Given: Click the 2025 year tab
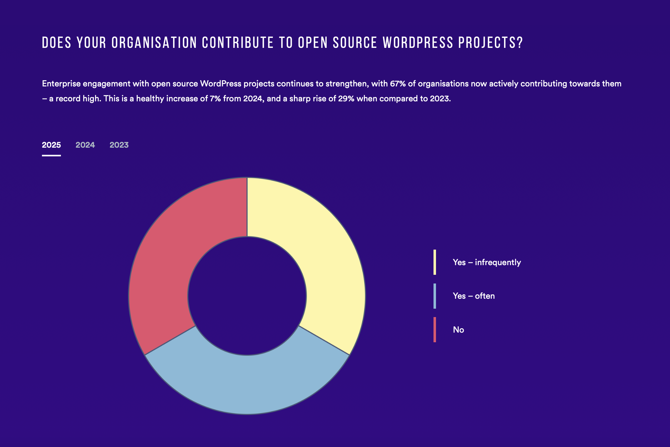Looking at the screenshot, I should pyautogui.click(x=51, y=145).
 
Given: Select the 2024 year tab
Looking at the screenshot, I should pyautogui.click(x=85, y=145).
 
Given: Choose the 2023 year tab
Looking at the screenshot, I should pyautogui.click(x=119, y=145).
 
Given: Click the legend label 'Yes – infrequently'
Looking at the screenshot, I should pyautogui.click(x=487, y=262).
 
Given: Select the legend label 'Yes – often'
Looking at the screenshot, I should pyautogui.click(x=474, y=296).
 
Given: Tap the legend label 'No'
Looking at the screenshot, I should pyautogui.click(x=458, y=330).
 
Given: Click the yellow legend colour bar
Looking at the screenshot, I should pyautogui.click(x=435, y=262).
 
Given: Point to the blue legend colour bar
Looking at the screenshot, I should pyautogui.click(x=435, y=296).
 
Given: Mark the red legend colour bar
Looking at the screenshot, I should pyautogui.click(x=435, y=330).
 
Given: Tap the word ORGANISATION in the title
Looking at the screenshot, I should pyautogui.click(x=154, y=43).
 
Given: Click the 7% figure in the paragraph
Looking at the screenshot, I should pyautogui.click(x=215, y=99).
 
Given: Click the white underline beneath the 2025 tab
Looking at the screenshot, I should pyautogui.click(x=51, y=155).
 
